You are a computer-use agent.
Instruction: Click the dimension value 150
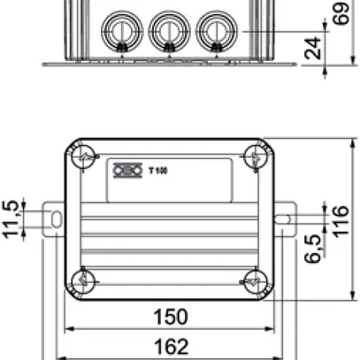(x=169, y=318)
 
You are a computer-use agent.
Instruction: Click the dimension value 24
(x=311, y=49)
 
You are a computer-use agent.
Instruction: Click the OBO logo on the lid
(x=125, y=170)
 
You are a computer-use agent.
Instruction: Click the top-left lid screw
(x=84, y=157)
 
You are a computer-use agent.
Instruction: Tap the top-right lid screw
(x=255, y=157)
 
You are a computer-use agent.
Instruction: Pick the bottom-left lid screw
(x=84, y=280)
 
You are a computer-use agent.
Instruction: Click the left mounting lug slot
(x=54, y=218)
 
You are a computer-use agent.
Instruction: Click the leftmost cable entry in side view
(x=119, y=31)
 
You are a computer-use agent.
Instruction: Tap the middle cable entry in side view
(x=166, y=31)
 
